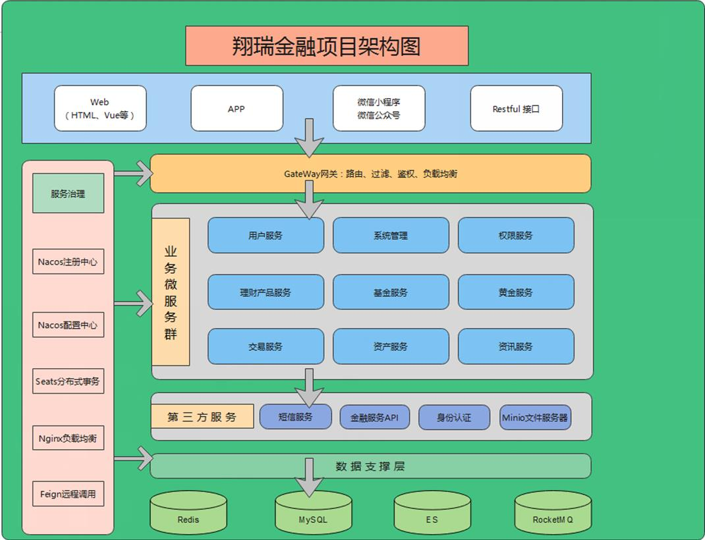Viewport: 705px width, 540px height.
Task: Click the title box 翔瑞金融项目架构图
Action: [327, 46]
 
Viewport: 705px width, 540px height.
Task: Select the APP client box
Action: [237, 109]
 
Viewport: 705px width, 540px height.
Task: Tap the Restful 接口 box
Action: [516, 109]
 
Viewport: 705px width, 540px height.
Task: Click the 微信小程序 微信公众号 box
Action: [379, 109]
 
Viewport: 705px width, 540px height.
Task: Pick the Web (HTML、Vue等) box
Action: [100, 109]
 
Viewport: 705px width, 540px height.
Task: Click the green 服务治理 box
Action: [68, 194]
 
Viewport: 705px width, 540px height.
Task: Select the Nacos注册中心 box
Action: [68, 261]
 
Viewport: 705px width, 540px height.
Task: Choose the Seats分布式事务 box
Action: [68, 381]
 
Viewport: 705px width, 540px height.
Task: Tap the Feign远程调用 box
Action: [68, 494]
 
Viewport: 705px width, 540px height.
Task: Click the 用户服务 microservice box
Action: [266, 235]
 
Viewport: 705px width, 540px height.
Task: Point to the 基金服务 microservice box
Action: [391, 292]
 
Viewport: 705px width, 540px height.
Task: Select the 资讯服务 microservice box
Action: [516, 346]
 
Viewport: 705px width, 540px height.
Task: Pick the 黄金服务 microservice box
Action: [516, 292]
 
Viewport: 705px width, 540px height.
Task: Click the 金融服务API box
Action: [375, 417]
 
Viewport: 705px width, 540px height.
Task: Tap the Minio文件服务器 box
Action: [535, 417]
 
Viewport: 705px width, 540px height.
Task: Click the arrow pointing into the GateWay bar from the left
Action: [134, 174]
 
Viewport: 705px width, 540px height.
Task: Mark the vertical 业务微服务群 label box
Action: [171, 292]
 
